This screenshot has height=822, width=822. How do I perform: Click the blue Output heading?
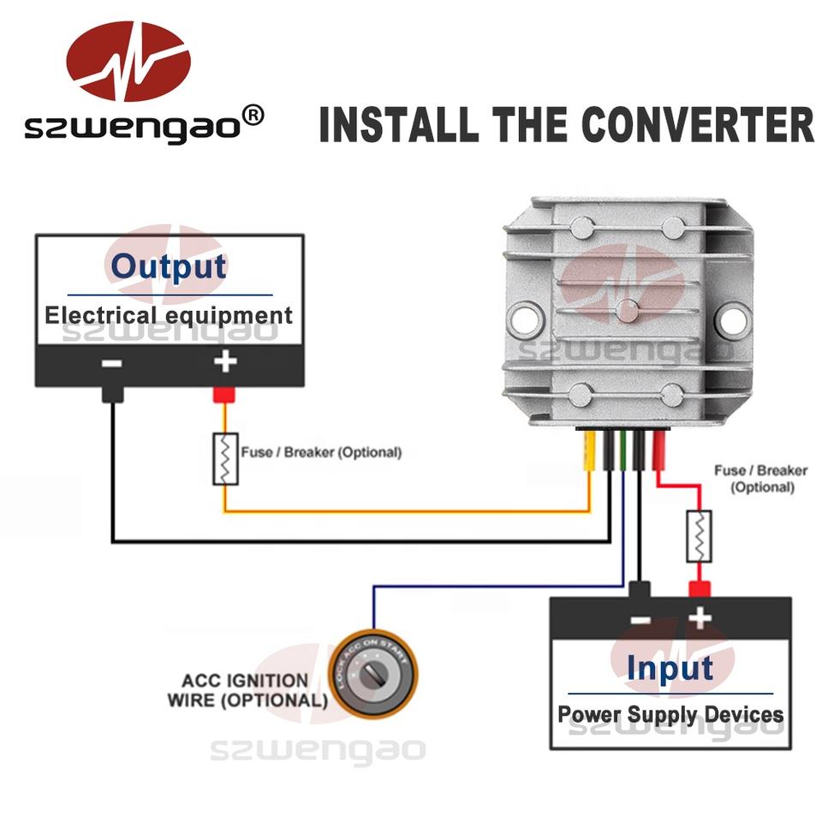pyautogui.click(x=169, y=266)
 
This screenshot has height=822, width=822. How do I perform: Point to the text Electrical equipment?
pyautogui.click(x=169, y=315)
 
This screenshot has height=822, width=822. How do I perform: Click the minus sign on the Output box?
pyautogui.click(x=112, y=363)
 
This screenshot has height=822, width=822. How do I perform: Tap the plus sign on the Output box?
pyautogui.click(x=224, y=362)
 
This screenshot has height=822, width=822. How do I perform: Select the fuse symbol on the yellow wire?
pyautogui.click(x=224, y=460)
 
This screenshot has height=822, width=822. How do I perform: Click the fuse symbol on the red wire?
pyautogui.click(x=699, y=536)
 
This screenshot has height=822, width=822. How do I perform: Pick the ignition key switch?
pyautogui.click(x=374, y=676)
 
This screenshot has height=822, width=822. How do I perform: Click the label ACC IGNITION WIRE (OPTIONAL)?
pyautogui.click(x=247, y=690)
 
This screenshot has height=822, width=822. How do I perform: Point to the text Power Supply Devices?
pyautogui.click(x=670, y=714)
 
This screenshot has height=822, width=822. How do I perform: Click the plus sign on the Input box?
pyautogui.click(x=700, y=616)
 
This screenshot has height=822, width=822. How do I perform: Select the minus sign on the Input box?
pyautogui.click(x=639, y=618)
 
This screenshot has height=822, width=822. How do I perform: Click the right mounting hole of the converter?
pyautogui.click(x=730, y=320)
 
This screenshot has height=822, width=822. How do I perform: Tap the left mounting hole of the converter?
pyautogui.click(x=522, y=320)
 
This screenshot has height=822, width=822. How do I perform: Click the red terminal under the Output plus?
pyautogui.click(x=224, y=395)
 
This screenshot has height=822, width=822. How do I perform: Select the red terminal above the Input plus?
pyautogui.click(x=700, y=589)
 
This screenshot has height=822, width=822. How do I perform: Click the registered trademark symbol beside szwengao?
pyautogui.click(x=254, y=114)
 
